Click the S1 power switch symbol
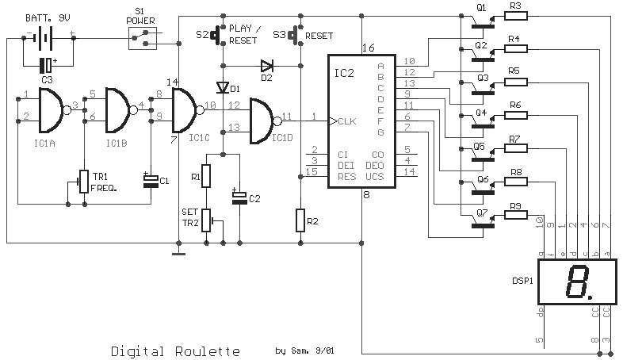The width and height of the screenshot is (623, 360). click(143, 38)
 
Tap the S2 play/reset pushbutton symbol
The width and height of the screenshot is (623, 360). click(217, 35)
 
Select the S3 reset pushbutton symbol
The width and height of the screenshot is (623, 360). click(295, 35)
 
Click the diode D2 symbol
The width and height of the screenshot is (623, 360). click(266, 66)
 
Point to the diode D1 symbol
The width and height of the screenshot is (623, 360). click(223, 87)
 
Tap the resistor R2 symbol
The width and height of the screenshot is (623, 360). click(300, 220)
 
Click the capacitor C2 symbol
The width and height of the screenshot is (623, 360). click(239, 197)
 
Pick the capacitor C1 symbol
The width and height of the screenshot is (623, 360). click(151, 181)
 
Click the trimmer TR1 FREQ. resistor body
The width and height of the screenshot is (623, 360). click(84, 182)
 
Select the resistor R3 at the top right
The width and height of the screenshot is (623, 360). click(516, 16)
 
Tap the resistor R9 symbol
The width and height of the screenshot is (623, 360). click(516, 215)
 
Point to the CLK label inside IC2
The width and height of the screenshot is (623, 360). click(347, 121)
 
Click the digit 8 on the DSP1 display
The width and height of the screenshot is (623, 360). click(577, 281)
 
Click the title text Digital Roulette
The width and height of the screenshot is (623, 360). click(175, 351)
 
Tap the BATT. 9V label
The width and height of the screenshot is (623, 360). click(48, 18)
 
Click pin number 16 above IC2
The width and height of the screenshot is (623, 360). click(369, 48)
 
